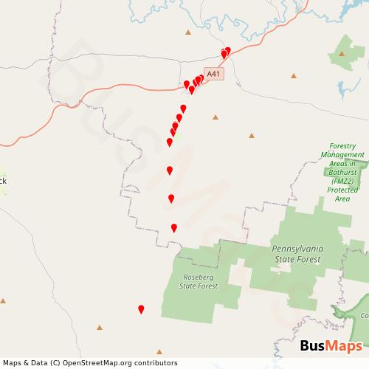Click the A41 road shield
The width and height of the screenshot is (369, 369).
coord(213,73)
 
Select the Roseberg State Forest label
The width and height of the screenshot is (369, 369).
coord(199,281)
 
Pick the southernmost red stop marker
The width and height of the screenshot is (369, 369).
coord(141,310)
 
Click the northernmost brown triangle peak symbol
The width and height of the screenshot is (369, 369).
coord(188,32)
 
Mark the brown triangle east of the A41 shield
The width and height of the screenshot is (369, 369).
coord(294,75)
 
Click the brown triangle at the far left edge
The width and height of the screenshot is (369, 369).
coord(3,300)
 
